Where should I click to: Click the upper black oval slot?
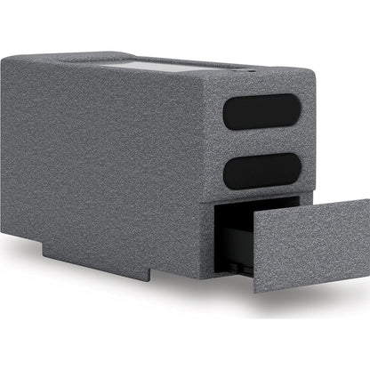261,113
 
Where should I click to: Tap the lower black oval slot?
261,168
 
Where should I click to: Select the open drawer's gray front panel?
311,245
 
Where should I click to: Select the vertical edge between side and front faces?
213,178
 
